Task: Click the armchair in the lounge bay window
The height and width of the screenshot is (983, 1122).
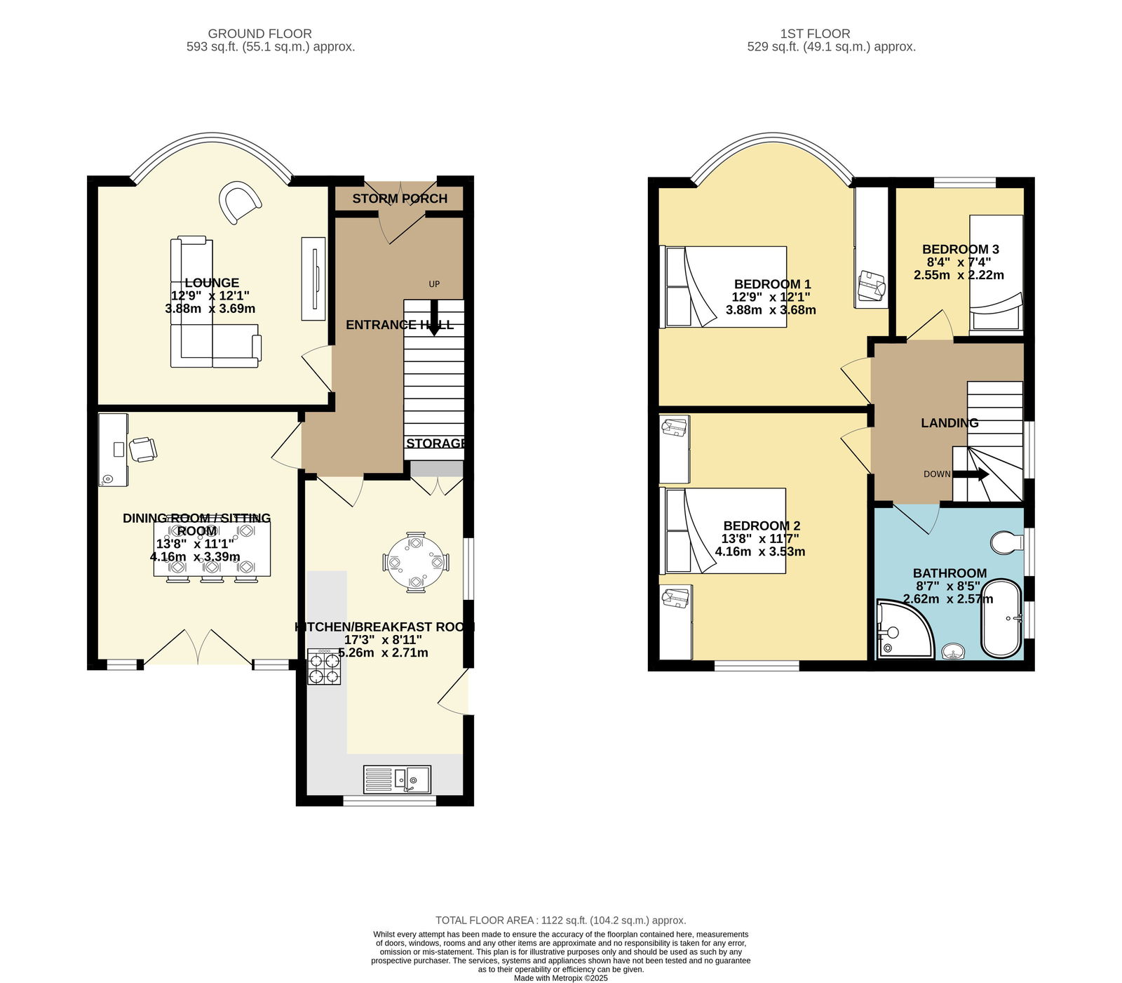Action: point(240,202)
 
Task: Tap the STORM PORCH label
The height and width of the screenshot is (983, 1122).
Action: point(400,199)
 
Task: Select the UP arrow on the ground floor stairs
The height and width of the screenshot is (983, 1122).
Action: point(434,317)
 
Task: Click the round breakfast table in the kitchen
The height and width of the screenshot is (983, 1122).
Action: point(416,562)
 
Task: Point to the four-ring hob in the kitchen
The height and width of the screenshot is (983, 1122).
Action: point(325,667)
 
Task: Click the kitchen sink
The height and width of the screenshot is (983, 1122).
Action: point(397,780)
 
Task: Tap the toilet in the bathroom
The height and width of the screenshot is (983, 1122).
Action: point(1007,542)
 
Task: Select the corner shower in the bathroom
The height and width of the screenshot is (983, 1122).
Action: point(905,629)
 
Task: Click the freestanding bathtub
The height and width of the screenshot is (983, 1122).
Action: point(1002,618)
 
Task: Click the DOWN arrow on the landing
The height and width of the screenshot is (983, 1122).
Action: point(971,474)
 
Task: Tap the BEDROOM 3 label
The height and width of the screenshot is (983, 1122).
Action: point(960,249)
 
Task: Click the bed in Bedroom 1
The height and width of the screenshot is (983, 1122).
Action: point(724,286)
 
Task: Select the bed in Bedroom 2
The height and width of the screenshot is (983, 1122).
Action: point(723,530)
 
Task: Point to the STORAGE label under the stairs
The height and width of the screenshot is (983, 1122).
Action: point(436,443)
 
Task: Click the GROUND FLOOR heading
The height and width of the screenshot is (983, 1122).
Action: point(259,34)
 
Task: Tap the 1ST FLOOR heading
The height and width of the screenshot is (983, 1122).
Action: point(815,34)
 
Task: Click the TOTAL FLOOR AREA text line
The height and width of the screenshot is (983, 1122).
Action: point(561,920)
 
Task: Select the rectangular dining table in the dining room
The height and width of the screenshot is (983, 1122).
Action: point(212,550)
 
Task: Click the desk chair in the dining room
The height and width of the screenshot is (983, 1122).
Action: point(142,449)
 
